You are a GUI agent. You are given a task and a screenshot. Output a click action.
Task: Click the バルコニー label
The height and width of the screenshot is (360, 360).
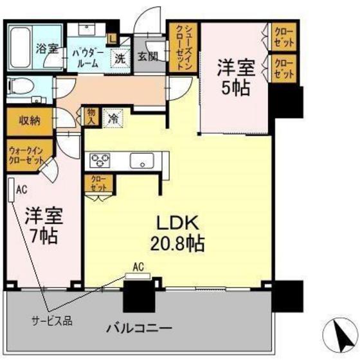click(x=138, y=328)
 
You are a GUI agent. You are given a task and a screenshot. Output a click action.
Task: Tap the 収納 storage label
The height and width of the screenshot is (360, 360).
click(x=26, y=120)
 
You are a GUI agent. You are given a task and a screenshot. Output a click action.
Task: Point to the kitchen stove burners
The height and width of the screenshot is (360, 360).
click(x=100, y=159)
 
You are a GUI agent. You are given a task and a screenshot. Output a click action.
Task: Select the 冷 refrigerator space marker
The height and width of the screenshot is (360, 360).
click(x=113, y=119)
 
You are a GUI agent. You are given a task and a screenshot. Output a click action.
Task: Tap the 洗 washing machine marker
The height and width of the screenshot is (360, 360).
click(x=121, y=57)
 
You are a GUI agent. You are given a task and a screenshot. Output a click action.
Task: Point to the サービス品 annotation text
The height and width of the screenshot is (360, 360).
click(x=51, y=319)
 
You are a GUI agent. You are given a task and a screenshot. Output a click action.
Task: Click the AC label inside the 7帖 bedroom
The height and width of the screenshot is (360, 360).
click(x=21, y=190)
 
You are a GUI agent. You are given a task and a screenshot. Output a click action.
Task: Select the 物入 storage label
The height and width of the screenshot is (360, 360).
click(x=91, y=116)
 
